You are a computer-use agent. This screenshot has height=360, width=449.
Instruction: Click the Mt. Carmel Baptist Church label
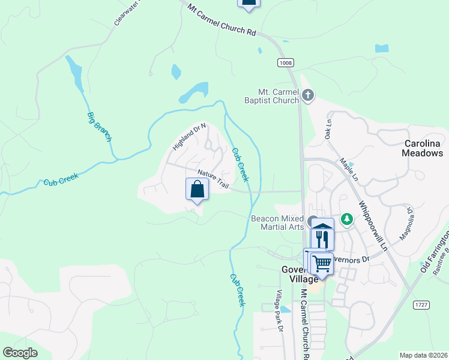tap(278, 96)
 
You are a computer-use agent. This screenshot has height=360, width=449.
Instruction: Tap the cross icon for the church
tap(307, 94)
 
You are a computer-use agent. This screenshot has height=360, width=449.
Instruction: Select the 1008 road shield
tap(286, 62)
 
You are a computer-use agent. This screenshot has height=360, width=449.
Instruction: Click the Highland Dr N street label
tap(189, 137)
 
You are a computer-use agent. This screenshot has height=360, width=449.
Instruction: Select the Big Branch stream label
tap(100, 127)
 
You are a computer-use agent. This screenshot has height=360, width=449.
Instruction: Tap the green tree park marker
tap(346, 220)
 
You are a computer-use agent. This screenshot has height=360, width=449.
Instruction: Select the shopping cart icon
tap(322, 263)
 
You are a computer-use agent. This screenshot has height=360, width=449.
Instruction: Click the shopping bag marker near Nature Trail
tap(197, 190)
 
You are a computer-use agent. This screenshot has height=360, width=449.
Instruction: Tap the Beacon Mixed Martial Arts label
tap(277, 224)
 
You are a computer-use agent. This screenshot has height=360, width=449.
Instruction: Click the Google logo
tap(20, 352)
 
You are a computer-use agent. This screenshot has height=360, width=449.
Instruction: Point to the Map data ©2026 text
tap(423, 355)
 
